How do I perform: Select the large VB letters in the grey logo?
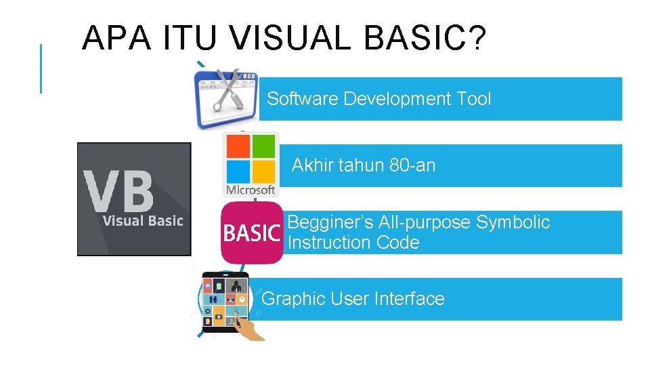coord(119,190)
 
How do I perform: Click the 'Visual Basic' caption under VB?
coord(142,221)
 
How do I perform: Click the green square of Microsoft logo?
coord(264,146)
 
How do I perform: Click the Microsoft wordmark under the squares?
coord(251,190)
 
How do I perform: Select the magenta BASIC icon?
coord(251,233)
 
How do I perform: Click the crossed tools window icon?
coord(225,99)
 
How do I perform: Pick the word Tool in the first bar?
coord(473,99)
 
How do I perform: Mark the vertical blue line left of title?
coord(41,68)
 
